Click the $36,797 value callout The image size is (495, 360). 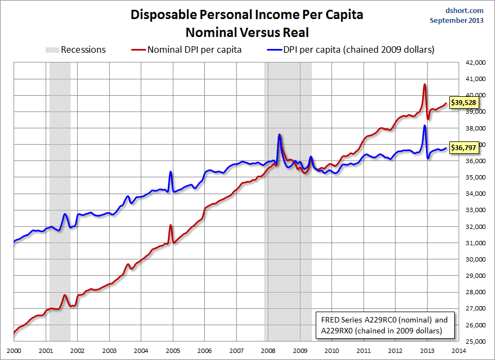click(x=463, y=147)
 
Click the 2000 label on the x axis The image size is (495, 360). click(x=14, y=351)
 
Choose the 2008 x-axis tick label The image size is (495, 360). click(x=268, y=351)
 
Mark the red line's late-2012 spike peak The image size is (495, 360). click(x=424, y=85)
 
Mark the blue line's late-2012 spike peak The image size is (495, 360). click(x=424, y=126)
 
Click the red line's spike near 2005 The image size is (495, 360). click(x=171, y=225)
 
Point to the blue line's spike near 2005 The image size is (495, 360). click(x=171, y=172)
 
